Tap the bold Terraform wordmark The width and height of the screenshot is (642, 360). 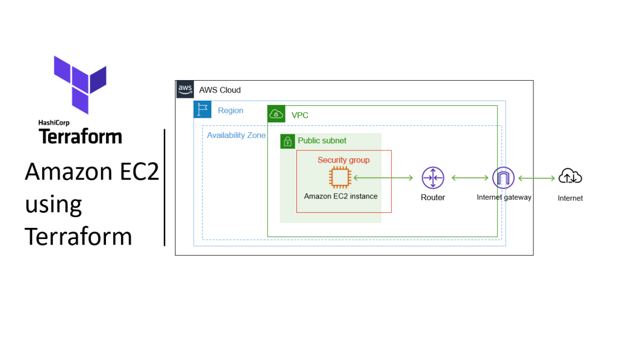(x=80, y=136)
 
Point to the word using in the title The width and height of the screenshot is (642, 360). (x=53, y=205)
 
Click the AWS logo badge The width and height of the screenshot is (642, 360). (x=185, y=89)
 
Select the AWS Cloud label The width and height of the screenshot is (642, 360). (x=220, y=90)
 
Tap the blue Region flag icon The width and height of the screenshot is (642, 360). (x=202, y=110)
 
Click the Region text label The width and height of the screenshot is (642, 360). (x=231, y=111)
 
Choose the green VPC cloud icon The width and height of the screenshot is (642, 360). (x=276, y=114)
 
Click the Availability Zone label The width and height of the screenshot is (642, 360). (x=236, y=135)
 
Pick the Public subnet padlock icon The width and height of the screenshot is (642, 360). (x=288, y=141)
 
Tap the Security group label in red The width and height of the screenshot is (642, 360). (x=343, y=160)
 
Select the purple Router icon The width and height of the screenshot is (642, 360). (x=433, y=178)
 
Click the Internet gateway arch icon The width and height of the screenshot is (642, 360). (x=503, y=178)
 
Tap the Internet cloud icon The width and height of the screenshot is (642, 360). (x=570, y=176)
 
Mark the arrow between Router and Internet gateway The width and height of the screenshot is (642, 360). (x=470, y=178)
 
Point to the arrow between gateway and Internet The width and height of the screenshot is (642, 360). (x=537, y=178)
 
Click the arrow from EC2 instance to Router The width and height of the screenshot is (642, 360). (x=383, y=178)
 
